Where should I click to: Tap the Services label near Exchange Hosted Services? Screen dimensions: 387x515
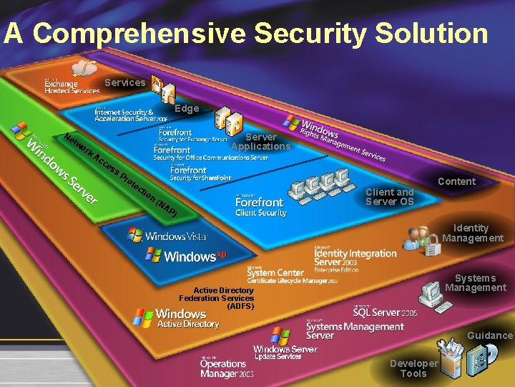click(x=124, y=82)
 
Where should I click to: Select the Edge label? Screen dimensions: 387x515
click(x=187, y=108)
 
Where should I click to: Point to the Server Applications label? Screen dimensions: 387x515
click(x=260, y=141)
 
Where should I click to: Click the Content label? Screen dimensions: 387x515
click(x=456, y=181)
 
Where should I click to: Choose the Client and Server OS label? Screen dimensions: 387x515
click(x=389, y=196)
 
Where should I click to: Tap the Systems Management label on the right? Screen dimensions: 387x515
click(x=475, y=282)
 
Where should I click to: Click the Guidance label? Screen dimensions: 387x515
click(x=490, y=335)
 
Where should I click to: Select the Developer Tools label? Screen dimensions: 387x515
click(x=413, y=368)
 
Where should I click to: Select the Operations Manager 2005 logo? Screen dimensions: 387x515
click(x=227, y=368)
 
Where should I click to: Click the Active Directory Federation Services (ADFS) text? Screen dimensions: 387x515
click(x=217, y=298)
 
